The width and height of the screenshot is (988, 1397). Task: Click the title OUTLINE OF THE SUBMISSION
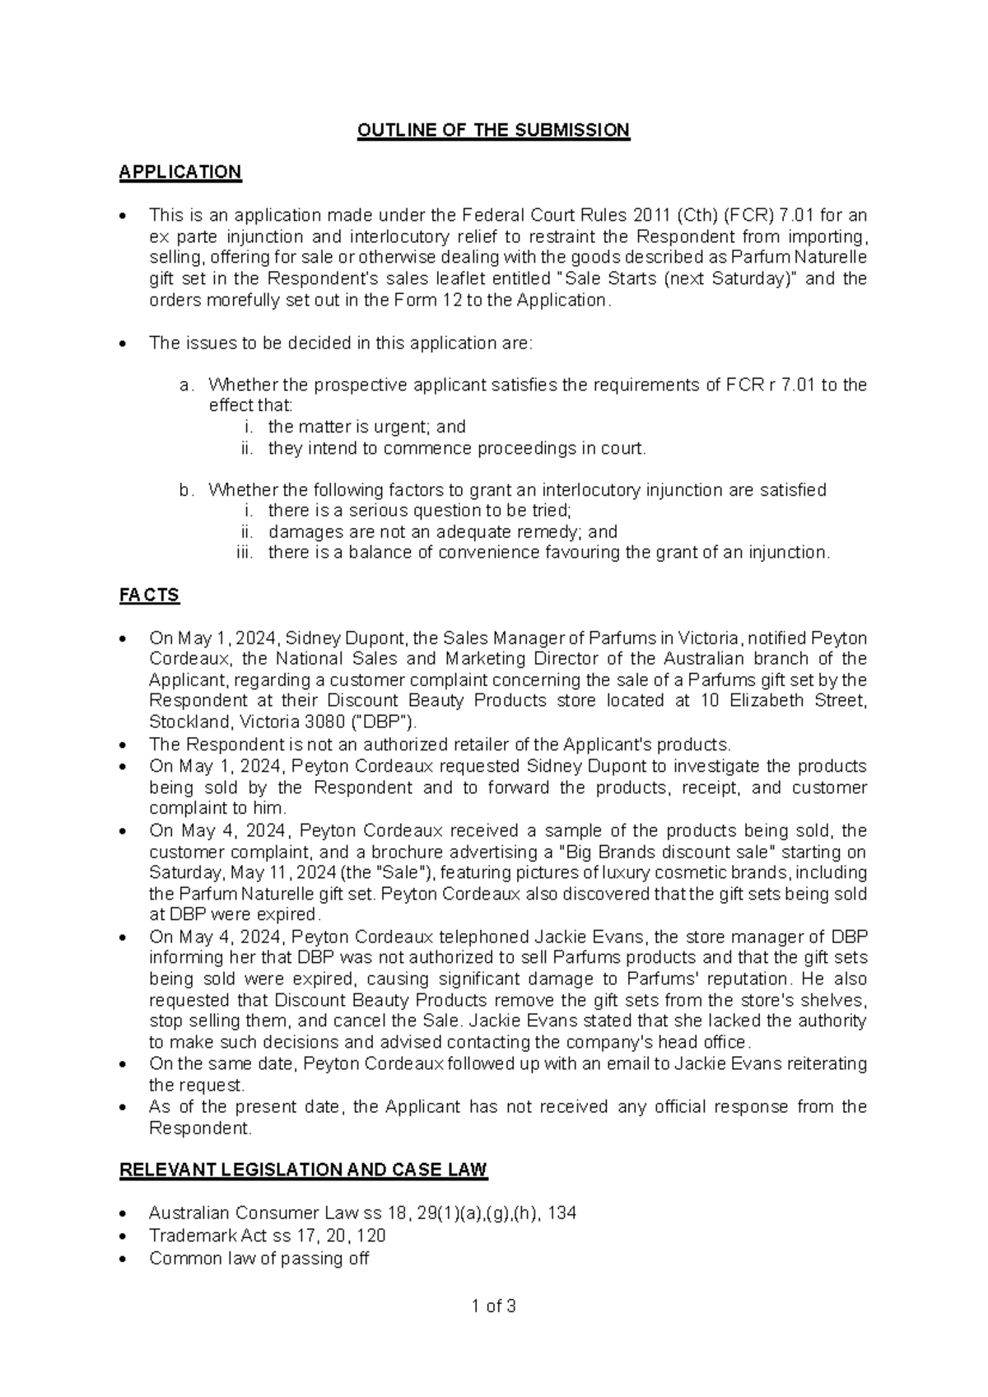point(493,130)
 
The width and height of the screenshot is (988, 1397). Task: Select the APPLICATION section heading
point(180,172)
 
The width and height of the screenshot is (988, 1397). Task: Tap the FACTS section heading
point(149,595)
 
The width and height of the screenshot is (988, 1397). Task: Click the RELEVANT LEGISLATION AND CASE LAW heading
point(303,1170)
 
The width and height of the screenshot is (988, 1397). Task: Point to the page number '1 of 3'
point(493,1306)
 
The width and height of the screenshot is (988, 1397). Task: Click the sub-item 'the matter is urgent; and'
point(366,427)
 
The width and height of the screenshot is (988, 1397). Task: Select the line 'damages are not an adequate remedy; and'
point(442,531)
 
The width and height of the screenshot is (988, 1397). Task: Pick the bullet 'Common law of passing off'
point(259,1259)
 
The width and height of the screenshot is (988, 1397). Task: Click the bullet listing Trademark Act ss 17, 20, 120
point(267,1236)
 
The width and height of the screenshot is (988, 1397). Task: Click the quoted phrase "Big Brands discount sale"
point(657,852)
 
